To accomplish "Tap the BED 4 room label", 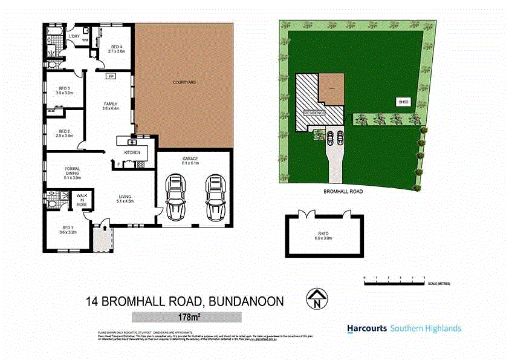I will tap(116, 48).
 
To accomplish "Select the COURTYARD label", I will tap(184, 82).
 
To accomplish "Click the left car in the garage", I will tap(175, 198).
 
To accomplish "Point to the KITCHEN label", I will tap(132, 152).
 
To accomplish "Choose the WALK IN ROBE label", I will tap(81, 201).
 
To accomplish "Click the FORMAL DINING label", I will tap(72, 172).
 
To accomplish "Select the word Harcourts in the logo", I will tap(367, 329).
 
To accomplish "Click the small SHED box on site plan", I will tap(404, 102).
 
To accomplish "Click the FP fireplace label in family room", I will tap(110, 76).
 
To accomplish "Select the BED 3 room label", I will tap(65, 91).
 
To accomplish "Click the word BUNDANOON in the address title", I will tap(247, 301).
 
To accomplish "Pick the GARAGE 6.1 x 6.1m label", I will tap(190, 161).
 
